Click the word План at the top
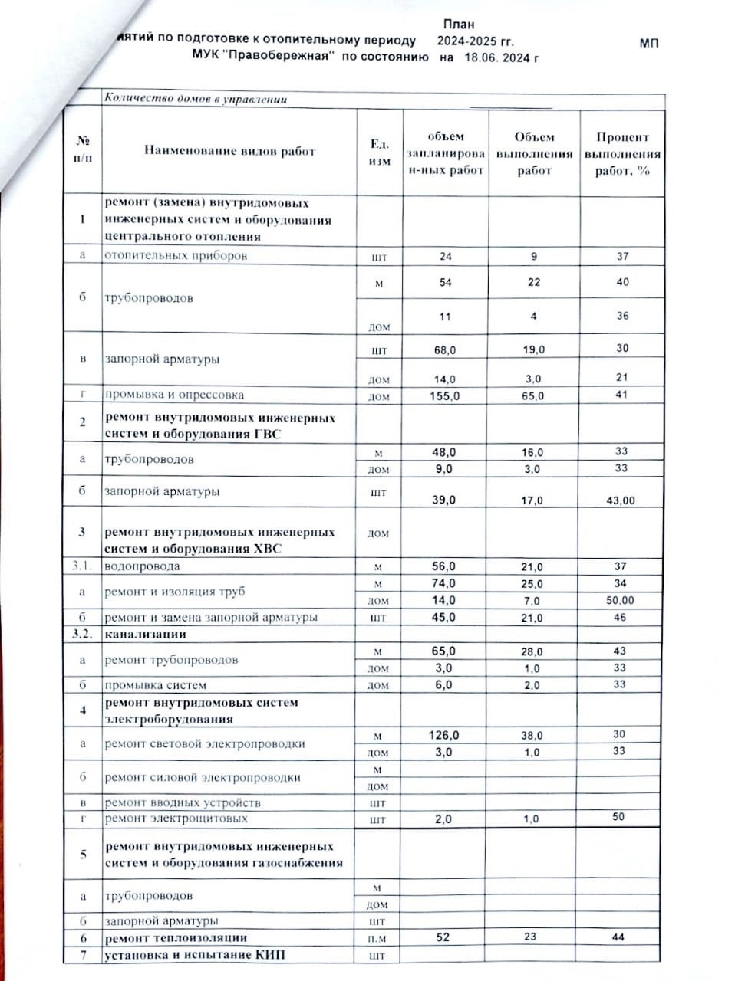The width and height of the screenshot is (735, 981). point(459,25)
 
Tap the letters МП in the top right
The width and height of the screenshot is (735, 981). point(649,44)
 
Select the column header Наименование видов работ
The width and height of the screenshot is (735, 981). point(230,151)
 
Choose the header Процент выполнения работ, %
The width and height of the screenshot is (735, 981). point(622,153)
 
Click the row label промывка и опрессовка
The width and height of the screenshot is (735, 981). point(174,395)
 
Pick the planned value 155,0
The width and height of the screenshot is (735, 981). point(446,395)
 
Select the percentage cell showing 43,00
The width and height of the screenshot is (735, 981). point(621,500)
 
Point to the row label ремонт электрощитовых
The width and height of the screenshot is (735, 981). point(176,819)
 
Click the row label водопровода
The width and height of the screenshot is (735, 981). point(143,566)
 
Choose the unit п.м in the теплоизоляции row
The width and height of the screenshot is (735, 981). point(378,938)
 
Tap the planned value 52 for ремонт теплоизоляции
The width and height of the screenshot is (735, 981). point(443,937)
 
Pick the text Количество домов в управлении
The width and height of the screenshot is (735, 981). point(195,99)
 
